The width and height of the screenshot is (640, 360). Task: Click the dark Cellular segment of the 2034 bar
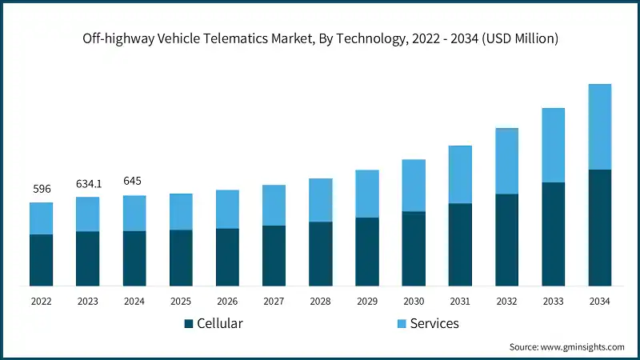[x=600, y=227]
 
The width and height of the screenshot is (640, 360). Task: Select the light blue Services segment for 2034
[x=600, y=126]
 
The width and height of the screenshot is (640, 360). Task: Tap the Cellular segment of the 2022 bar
[x=41, y=260]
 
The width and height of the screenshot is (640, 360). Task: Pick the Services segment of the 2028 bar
[x=321, y=200]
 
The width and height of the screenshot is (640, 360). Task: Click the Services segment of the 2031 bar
[x=460, y=174]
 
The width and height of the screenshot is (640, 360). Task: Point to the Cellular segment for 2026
[x=227, y=257]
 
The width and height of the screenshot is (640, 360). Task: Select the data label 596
[x=41, y=189]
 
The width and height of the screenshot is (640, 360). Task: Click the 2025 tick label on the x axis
[x=181, y=301]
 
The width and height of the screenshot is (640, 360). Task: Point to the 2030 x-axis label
[x=414, y=301]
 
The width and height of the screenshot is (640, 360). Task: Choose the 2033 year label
[x=554, y=301]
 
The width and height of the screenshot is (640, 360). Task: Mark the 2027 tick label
[x=274, y=301]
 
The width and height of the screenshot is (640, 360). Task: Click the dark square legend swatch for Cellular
[x=189, y=324]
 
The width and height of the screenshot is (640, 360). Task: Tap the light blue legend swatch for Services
[x=400, y=324]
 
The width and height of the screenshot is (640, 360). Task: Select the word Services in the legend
[x=434, y=324]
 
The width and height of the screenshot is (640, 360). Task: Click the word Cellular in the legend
[x=220, y=324]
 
